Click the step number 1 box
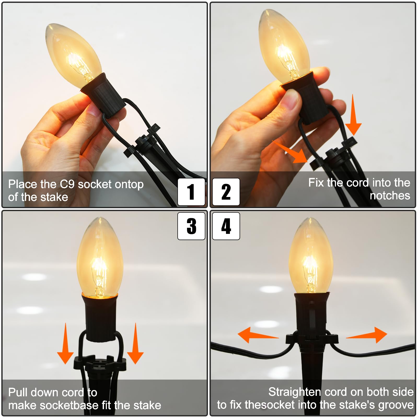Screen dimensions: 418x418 (x=191, y=192)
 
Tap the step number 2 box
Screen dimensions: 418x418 (x=226, y=192)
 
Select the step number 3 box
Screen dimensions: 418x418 (x=191, y=226)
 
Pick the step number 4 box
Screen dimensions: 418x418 (x=226, y=226)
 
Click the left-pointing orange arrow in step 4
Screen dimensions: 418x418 (x=258, y=335)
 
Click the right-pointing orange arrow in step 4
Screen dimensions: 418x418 (x=367, y=335)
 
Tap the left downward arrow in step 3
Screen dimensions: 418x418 (x=65, y=344)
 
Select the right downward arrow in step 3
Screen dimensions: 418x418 (x=135, y=344)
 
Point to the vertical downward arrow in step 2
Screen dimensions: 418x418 (x=353, y=115)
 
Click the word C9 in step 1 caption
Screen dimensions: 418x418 (x=68, y=184)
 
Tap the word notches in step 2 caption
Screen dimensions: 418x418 (x=390, y=195)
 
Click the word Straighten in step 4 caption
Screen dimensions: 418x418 (x=295, y=392)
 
